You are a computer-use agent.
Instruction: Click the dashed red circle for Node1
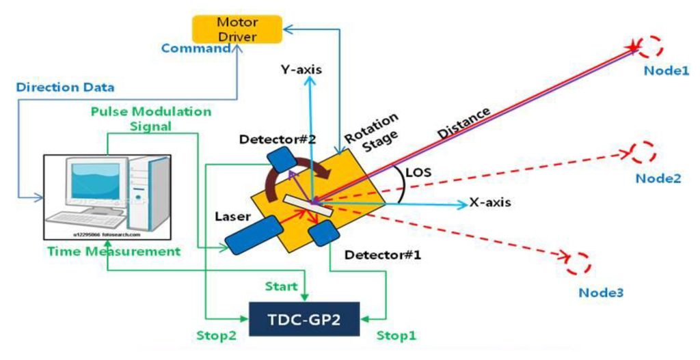pyautogui.click(x=650, y=47)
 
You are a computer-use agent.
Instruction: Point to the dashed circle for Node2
pyautogui.click(x=642, y=152)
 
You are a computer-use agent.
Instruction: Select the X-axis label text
pyautogui.click(x=490, y=203)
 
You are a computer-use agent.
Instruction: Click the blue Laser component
pyautogui.click(x=254, y=232)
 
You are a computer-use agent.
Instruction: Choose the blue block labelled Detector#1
pyautogui.click(x=324, y=234)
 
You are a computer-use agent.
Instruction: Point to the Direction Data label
pyautogui.click(x=65, y=87)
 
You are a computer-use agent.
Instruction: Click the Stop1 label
pyautogui.click(x=397, y=335)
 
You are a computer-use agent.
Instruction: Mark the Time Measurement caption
pyautogui.click(x=113, y=251)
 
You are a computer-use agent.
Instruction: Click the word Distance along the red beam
pyautogui.click(x=466, y=122)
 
